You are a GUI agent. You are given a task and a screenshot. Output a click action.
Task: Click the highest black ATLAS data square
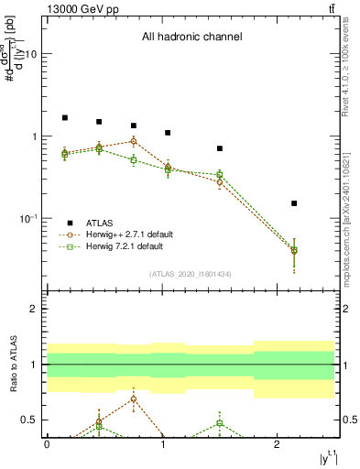point(65,118)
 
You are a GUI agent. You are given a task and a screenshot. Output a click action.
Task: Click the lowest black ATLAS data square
point(294,203)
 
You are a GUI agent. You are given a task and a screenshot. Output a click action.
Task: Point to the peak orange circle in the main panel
point(134,141)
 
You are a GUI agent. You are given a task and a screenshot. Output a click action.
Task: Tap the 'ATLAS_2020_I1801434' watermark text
point(191,274)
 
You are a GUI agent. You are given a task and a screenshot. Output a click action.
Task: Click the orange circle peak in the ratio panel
point(134,398)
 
